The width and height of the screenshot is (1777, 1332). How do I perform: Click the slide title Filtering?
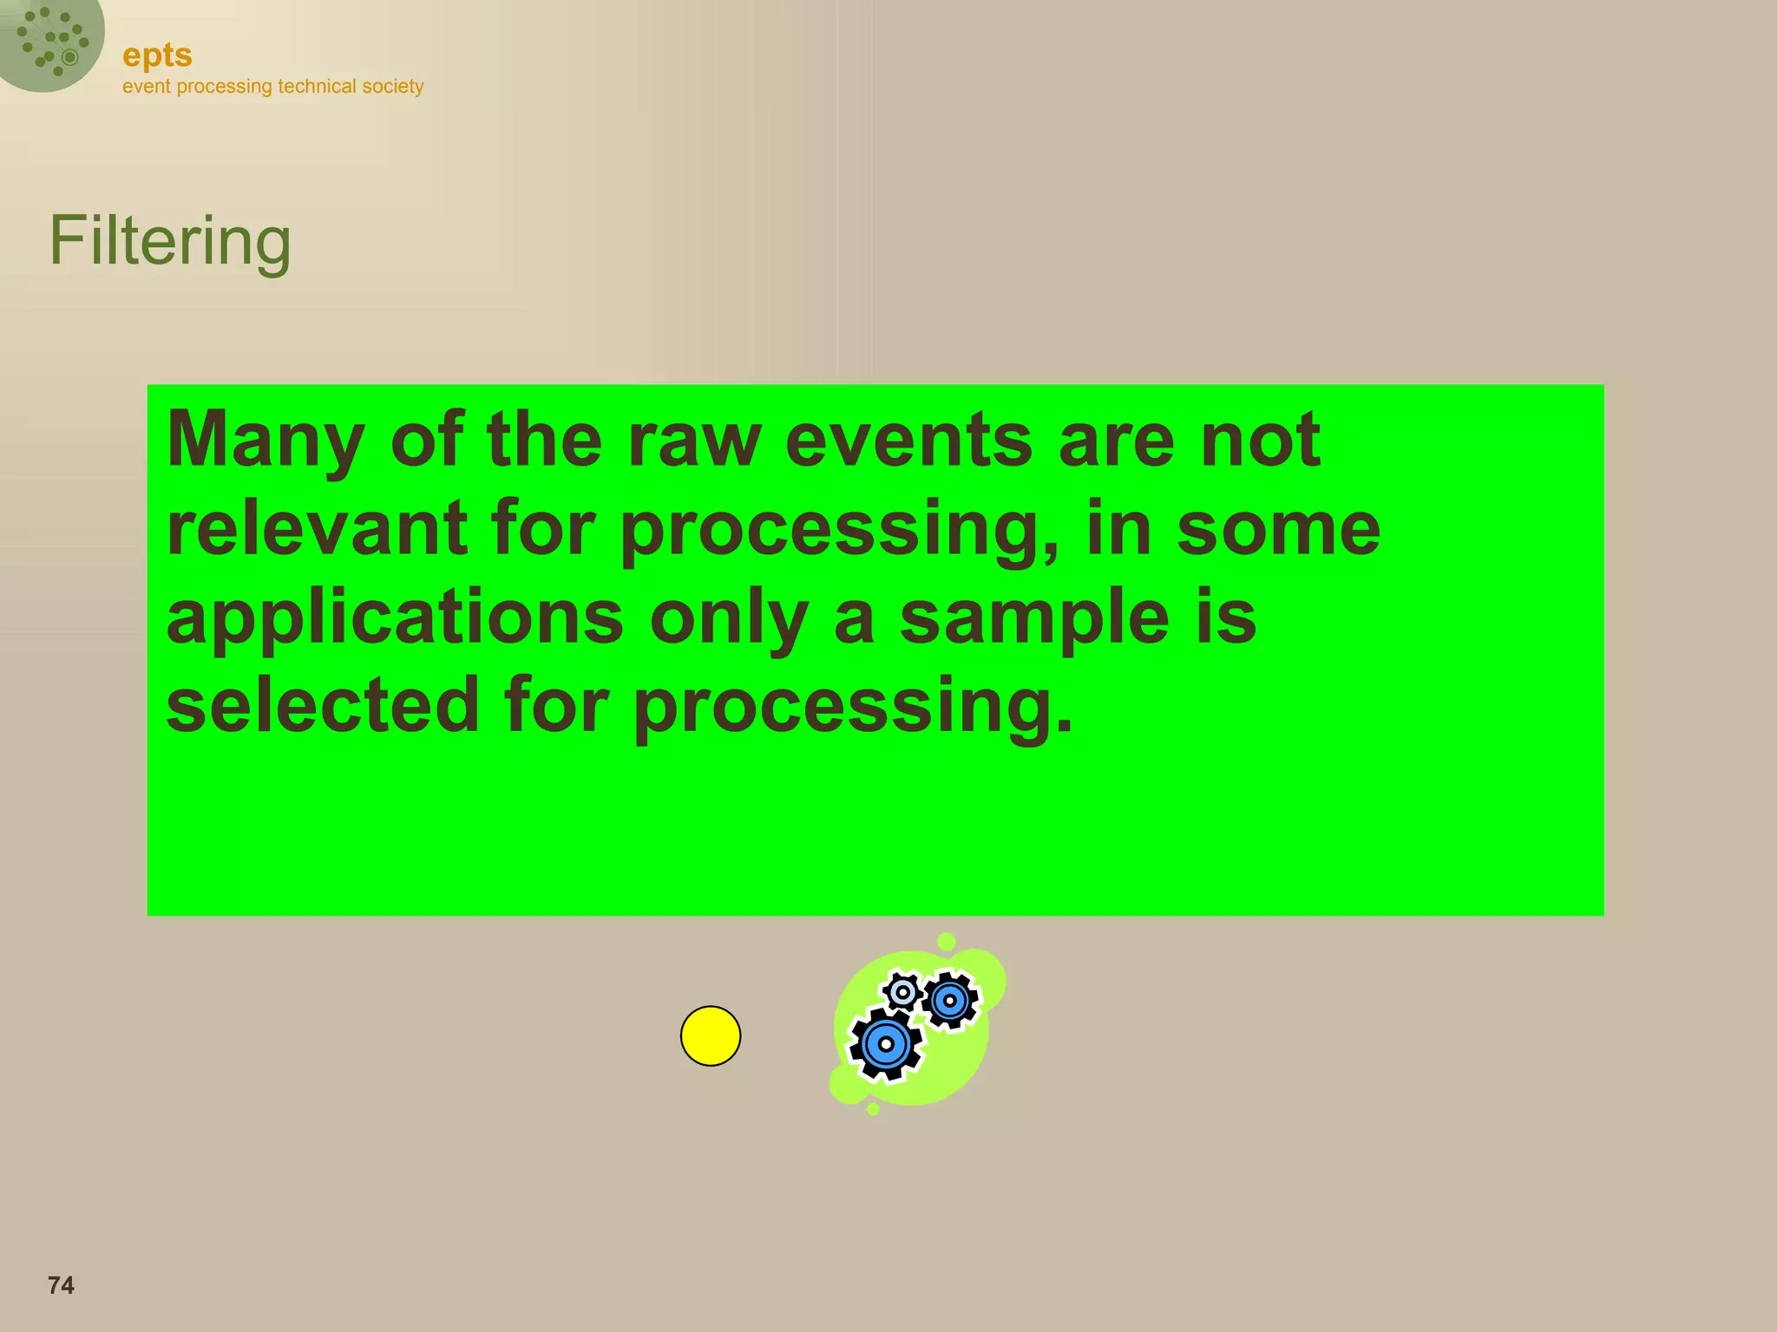pyautogui.click(x=170, y=242)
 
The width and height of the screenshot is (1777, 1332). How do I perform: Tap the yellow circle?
pyautogui.click(x=711, y=1035)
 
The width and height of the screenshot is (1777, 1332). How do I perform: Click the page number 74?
pyautogui.click(x=61, y=1285)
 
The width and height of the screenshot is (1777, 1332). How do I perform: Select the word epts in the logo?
pyautogui.click(x=157, y=55)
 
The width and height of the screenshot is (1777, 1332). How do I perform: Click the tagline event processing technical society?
pyautogui.click(x=272, y=87)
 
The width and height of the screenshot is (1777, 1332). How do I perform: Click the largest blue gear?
pyautogui.click(x=886, y=1044)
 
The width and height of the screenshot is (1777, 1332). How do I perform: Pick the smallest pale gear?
pyautogui.click(x=902, y=991)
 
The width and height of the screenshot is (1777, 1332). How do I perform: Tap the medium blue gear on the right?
pyautogui.click(x=950, y=1001)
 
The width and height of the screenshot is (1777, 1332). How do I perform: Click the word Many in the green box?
pyautogui.click(x=266, y=441)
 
